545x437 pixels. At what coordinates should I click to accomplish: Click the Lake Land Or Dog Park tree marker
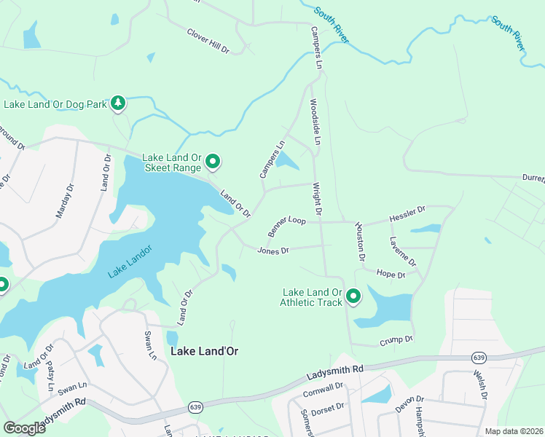point(118,104)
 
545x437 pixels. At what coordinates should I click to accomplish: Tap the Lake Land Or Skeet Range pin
point(213,161)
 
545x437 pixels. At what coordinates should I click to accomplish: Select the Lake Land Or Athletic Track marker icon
point(353,296)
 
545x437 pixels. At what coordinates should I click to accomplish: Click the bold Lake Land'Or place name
point(204,351)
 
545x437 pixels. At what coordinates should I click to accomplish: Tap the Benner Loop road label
point(286,226)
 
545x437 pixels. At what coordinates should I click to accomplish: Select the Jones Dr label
point(273,251)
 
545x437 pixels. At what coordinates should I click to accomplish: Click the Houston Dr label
point(359,242)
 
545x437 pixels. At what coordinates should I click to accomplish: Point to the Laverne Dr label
point(402,251)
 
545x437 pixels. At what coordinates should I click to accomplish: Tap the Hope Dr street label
point(391,274)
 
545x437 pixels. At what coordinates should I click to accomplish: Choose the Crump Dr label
point(396,340)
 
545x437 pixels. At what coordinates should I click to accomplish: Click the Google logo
point(24,428)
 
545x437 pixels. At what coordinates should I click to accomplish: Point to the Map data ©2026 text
point(514,431)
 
